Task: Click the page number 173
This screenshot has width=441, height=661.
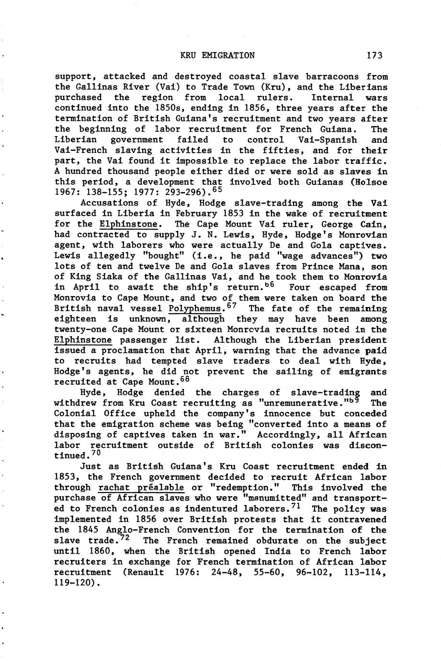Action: [374, 56]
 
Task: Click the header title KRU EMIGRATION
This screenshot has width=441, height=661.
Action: [217, 56]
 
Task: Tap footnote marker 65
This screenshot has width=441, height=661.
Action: [216, 191]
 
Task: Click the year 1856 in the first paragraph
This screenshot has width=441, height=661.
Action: [235, 108]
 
